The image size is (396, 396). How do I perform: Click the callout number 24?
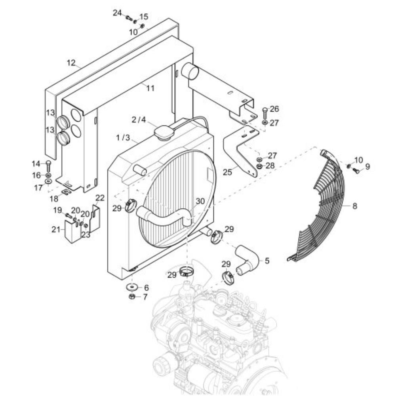117,13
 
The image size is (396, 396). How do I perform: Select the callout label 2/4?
139,120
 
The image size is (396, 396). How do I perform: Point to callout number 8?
354,206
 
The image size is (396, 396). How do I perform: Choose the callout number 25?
227,172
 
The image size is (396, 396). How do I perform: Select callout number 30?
200,201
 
